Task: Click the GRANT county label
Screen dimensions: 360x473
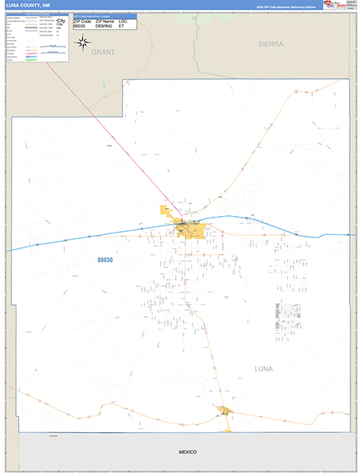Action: (102, 52)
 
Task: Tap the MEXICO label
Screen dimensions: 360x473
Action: (186, 451)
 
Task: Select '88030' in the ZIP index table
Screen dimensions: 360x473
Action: (79, 26)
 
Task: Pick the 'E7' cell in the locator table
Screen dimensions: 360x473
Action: (121, 26)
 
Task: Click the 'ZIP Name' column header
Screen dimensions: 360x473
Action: (105, 20)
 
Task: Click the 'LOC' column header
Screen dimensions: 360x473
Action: (123, 20)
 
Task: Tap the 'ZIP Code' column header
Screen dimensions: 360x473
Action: (81, 20)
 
